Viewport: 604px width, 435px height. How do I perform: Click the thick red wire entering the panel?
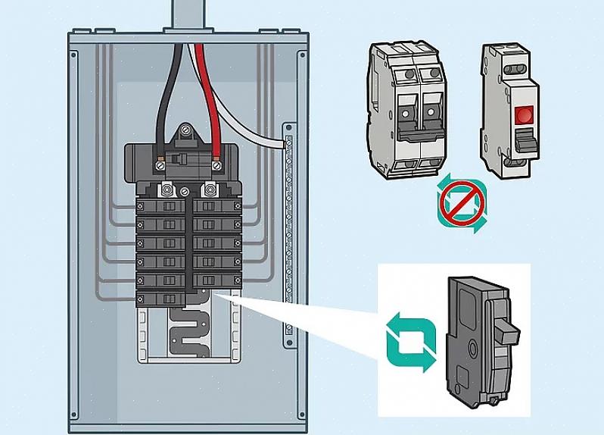coord(204,83)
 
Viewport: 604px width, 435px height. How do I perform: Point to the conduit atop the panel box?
coord(188,14)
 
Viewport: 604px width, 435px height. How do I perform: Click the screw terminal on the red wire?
coord(216,163)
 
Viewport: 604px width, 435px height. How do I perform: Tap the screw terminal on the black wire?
coord(160,163)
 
